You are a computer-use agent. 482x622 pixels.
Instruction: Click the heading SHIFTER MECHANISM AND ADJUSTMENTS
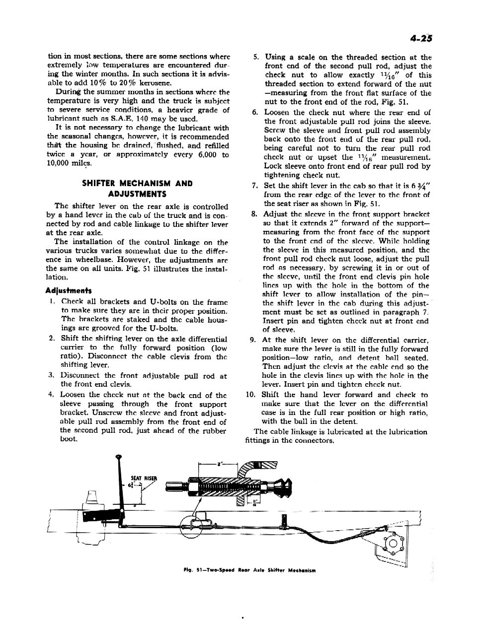137,189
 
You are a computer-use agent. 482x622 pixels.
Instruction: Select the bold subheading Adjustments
68,290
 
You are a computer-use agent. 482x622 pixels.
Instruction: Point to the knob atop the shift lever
118,456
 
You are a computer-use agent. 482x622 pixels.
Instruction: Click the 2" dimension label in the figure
219,463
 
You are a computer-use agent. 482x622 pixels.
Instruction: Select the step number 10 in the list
250,395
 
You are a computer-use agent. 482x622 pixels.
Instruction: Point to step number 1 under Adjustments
52,302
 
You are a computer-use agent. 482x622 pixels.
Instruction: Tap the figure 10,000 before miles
63,164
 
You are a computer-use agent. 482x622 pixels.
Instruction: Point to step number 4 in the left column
51,395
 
